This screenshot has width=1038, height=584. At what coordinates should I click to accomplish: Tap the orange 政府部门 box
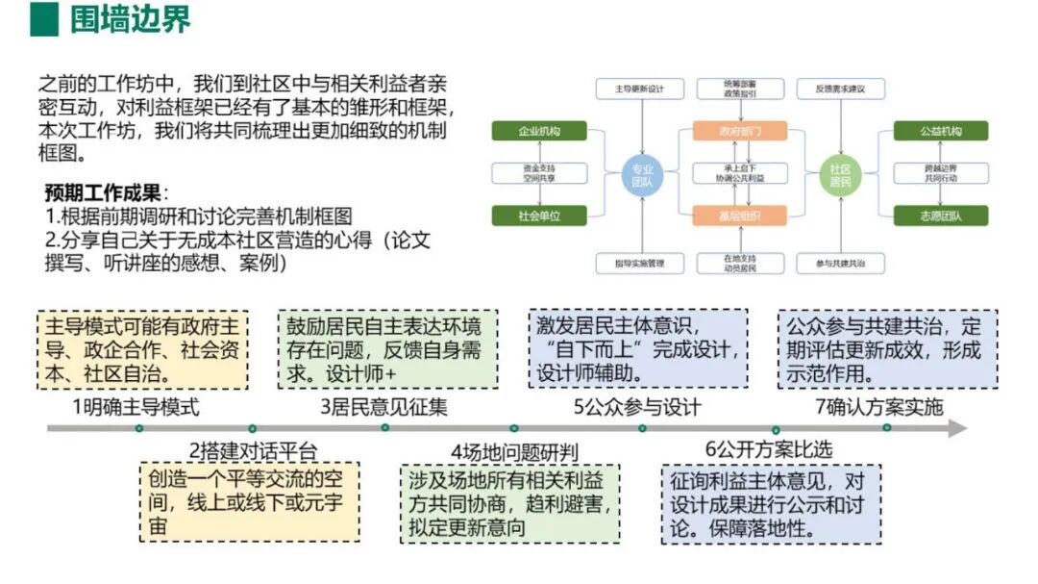(x=740, y=131)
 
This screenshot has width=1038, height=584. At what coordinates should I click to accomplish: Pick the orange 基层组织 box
(x=740, y=216)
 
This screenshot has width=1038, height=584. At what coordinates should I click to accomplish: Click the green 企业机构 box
(x=539, y=131)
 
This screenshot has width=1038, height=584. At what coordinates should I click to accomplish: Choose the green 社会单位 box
(x=539, y=216)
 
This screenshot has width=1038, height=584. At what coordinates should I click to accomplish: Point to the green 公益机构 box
(x=940, y=131)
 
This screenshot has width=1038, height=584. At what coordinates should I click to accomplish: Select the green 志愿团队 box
(x=940, y=216)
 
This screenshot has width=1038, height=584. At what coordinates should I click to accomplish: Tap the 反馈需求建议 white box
(x=841, y=89)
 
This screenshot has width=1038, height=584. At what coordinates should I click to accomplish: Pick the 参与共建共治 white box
(x=841, y=262)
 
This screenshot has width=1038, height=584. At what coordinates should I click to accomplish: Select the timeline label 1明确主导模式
(x=136, y=407)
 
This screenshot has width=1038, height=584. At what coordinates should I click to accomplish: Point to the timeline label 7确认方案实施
(x=879, y=407)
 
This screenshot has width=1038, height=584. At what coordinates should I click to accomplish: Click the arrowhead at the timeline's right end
(x=957, y=429)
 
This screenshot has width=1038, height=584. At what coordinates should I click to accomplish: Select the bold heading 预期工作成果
(x=106, y=192)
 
